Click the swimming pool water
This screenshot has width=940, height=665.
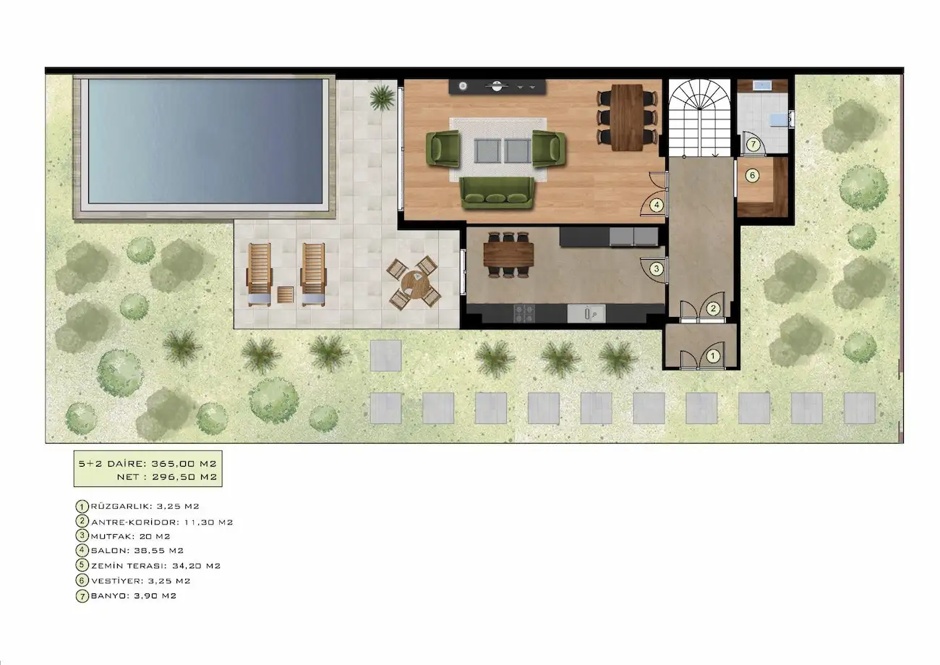(205, 142)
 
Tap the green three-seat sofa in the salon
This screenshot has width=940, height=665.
(497, 193)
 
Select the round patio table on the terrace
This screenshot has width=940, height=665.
(414, 284)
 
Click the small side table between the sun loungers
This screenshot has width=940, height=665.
(286, 295)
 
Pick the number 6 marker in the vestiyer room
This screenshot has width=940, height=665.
(752, 175)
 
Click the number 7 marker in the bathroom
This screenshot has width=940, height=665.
(753, 145)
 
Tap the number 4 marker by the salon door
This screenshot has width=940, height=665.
(657, 206)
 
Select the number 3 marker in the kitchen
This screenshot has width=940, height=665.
(657, 268)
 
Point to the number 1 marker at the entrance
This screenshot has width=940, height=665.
(712, 357)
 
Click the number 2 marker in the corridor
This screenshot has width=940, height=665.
(713, 309)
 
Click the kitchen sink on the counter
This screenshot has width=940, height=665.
(586, 313)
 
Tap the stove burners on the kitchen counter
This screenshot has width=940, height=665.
(524, 313)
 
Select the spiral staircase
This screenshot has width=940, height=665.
(699, 119)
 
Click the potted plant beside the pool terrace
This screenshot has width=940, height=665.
(383, 98)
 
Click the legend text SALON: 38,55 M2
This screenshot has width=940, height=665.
(137, 551)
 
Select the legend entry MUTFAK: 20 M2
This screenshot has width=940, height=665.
(130, 536)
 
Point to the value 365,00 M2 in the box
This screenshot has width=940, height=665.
(184, 464)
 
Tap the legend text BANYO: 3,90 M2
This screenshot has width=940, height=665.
(134, 596)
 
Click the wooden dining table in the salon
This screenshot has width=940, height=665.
(627, 117)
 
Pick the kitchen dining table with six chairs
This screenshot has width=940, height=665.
(508, 255)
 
